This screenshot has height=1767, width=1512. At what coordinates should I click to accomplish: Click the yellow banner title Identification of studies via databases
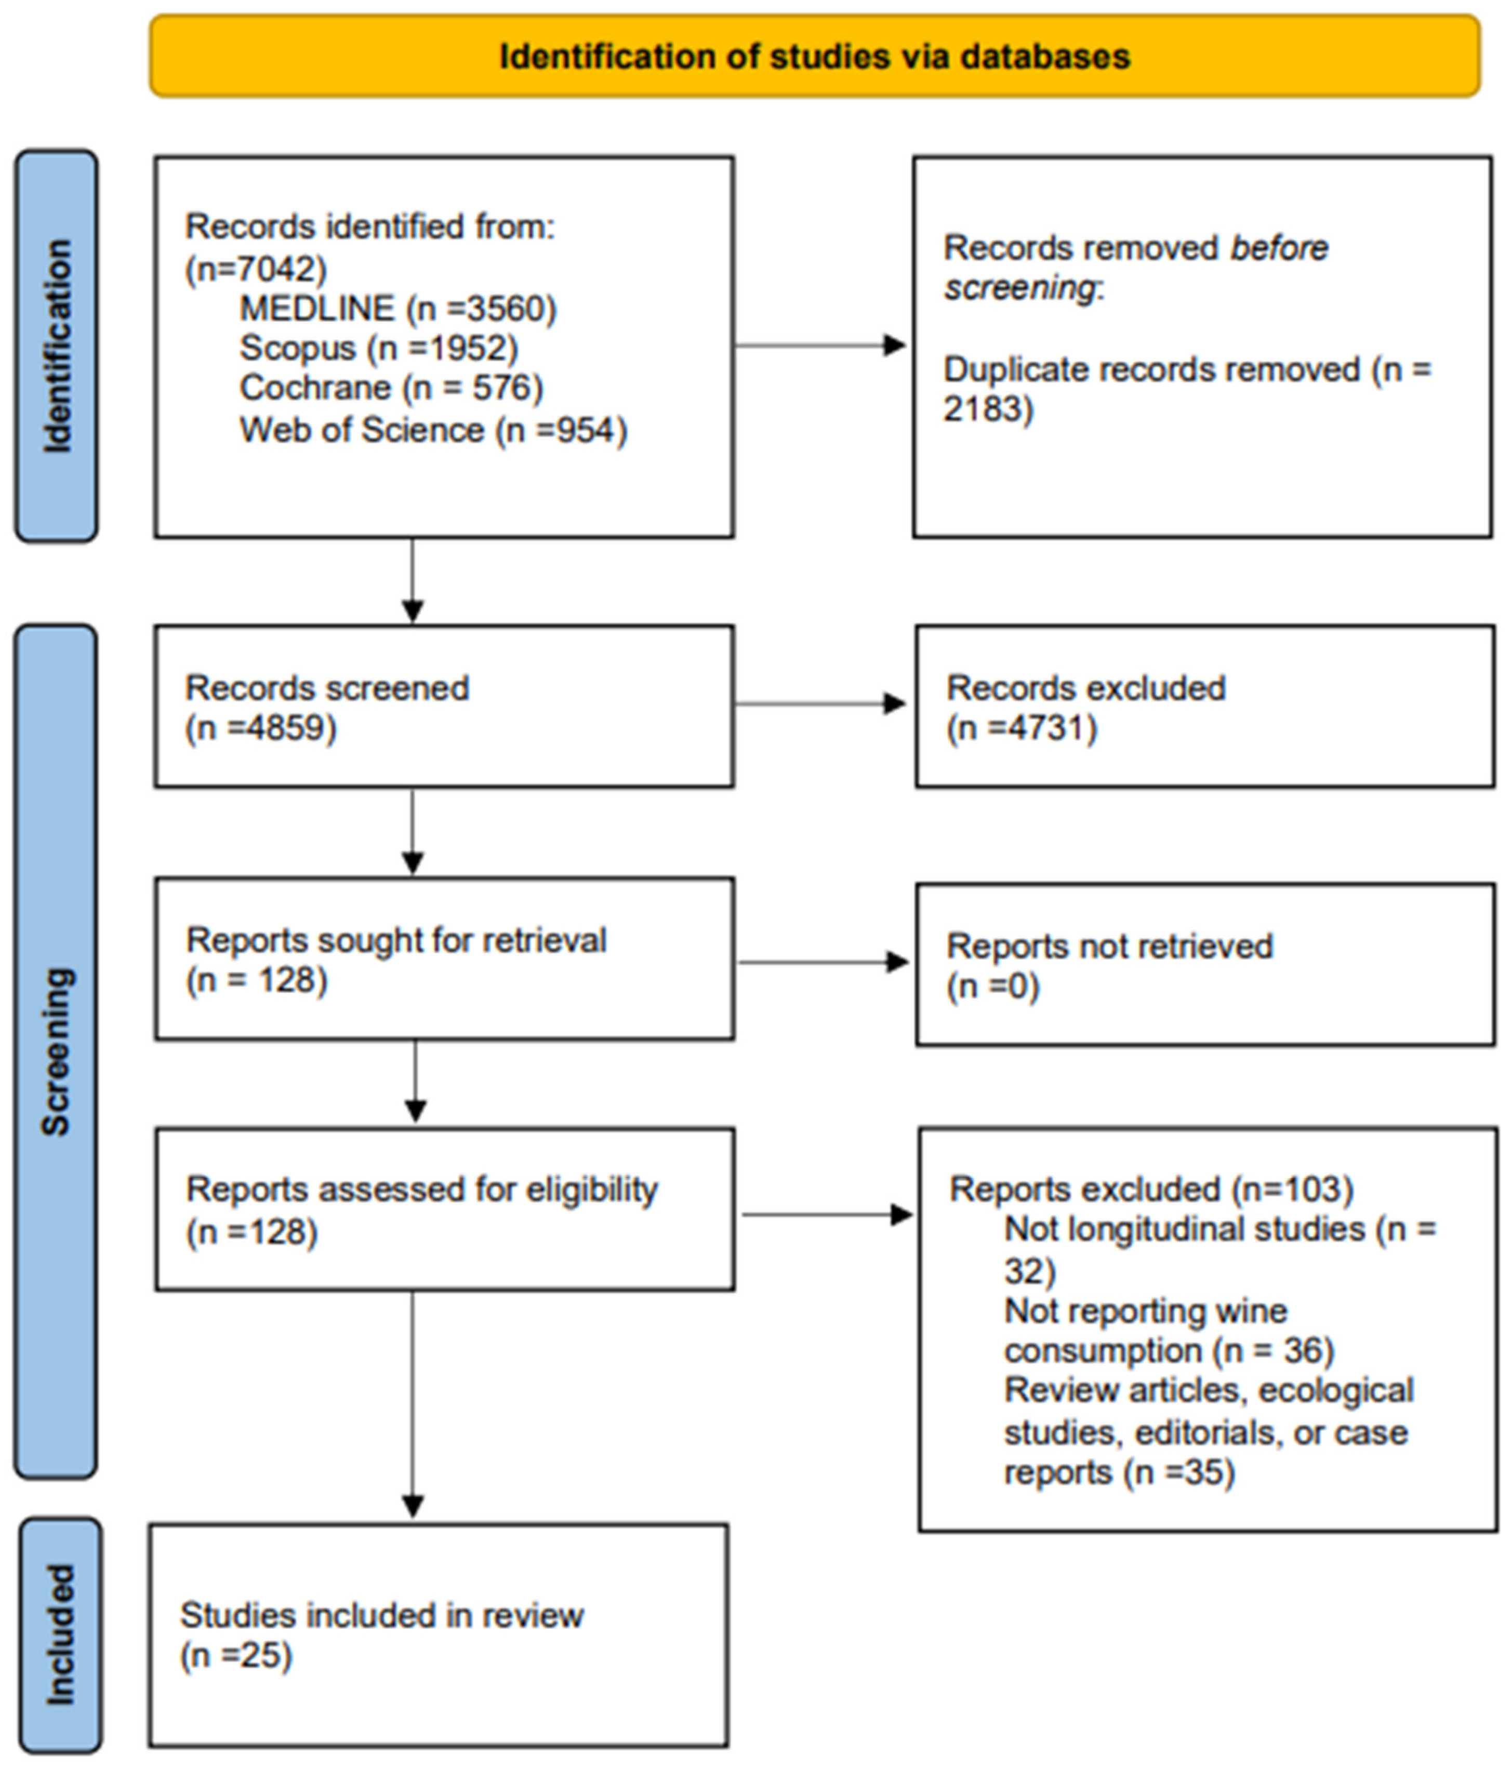coord(814,56)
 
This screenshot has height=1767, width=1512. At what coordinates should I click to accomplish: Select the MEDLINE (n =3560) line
coord(397,308)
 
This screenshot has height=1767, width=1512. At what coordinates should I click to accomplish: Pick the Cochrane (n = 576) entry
coord(391,388)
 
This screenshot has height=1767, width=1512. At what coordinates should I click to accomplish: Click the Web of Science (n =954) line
coord(433,430)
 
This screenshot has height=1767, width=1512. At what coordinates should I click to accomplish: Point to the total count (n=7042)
coord(256,269)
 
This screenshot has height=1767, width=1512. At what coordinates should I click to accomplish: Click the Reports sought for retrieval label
coord(396,940)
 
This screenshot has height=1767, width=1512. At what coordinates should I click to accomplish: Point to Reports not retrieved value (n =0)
coord(992,987)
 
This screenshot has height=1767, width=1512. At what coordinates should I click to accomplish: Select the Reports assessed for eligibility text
coord(421,1189)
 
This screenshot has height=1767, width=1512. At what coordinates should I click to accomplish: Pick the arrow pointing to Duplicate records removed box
coord(819,346)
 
